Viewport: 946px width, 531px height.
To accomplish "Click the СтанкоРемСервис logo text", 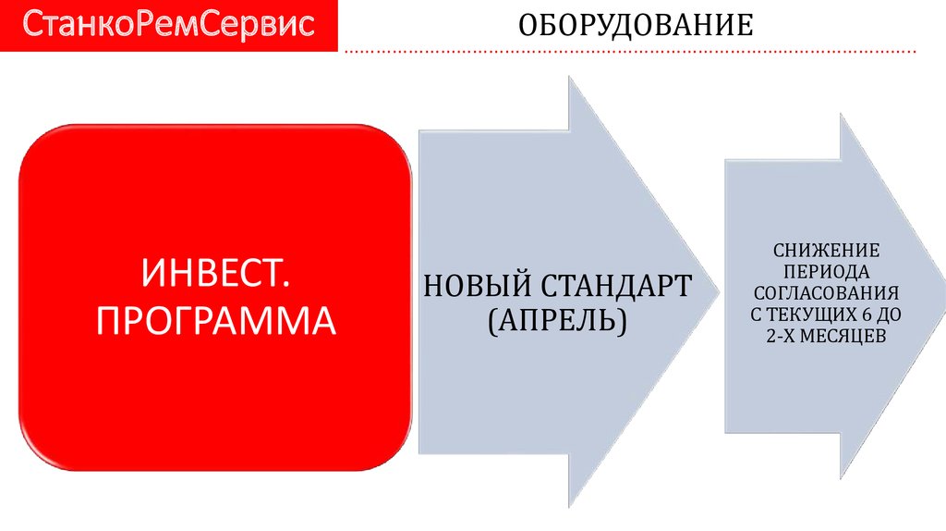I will (x=168, y=25).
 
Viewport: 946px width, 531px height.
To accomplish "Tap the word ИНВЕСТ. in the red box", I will (x=214, y=275).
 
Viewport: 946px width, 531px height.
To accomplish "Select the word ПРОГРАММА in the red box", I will (x=215, y=320).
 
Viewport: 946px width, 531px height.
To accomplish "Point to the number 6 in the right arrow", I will (x=874, y=315).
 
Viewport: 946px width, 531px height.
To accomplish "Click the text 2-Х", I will (x=781, y=336).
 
